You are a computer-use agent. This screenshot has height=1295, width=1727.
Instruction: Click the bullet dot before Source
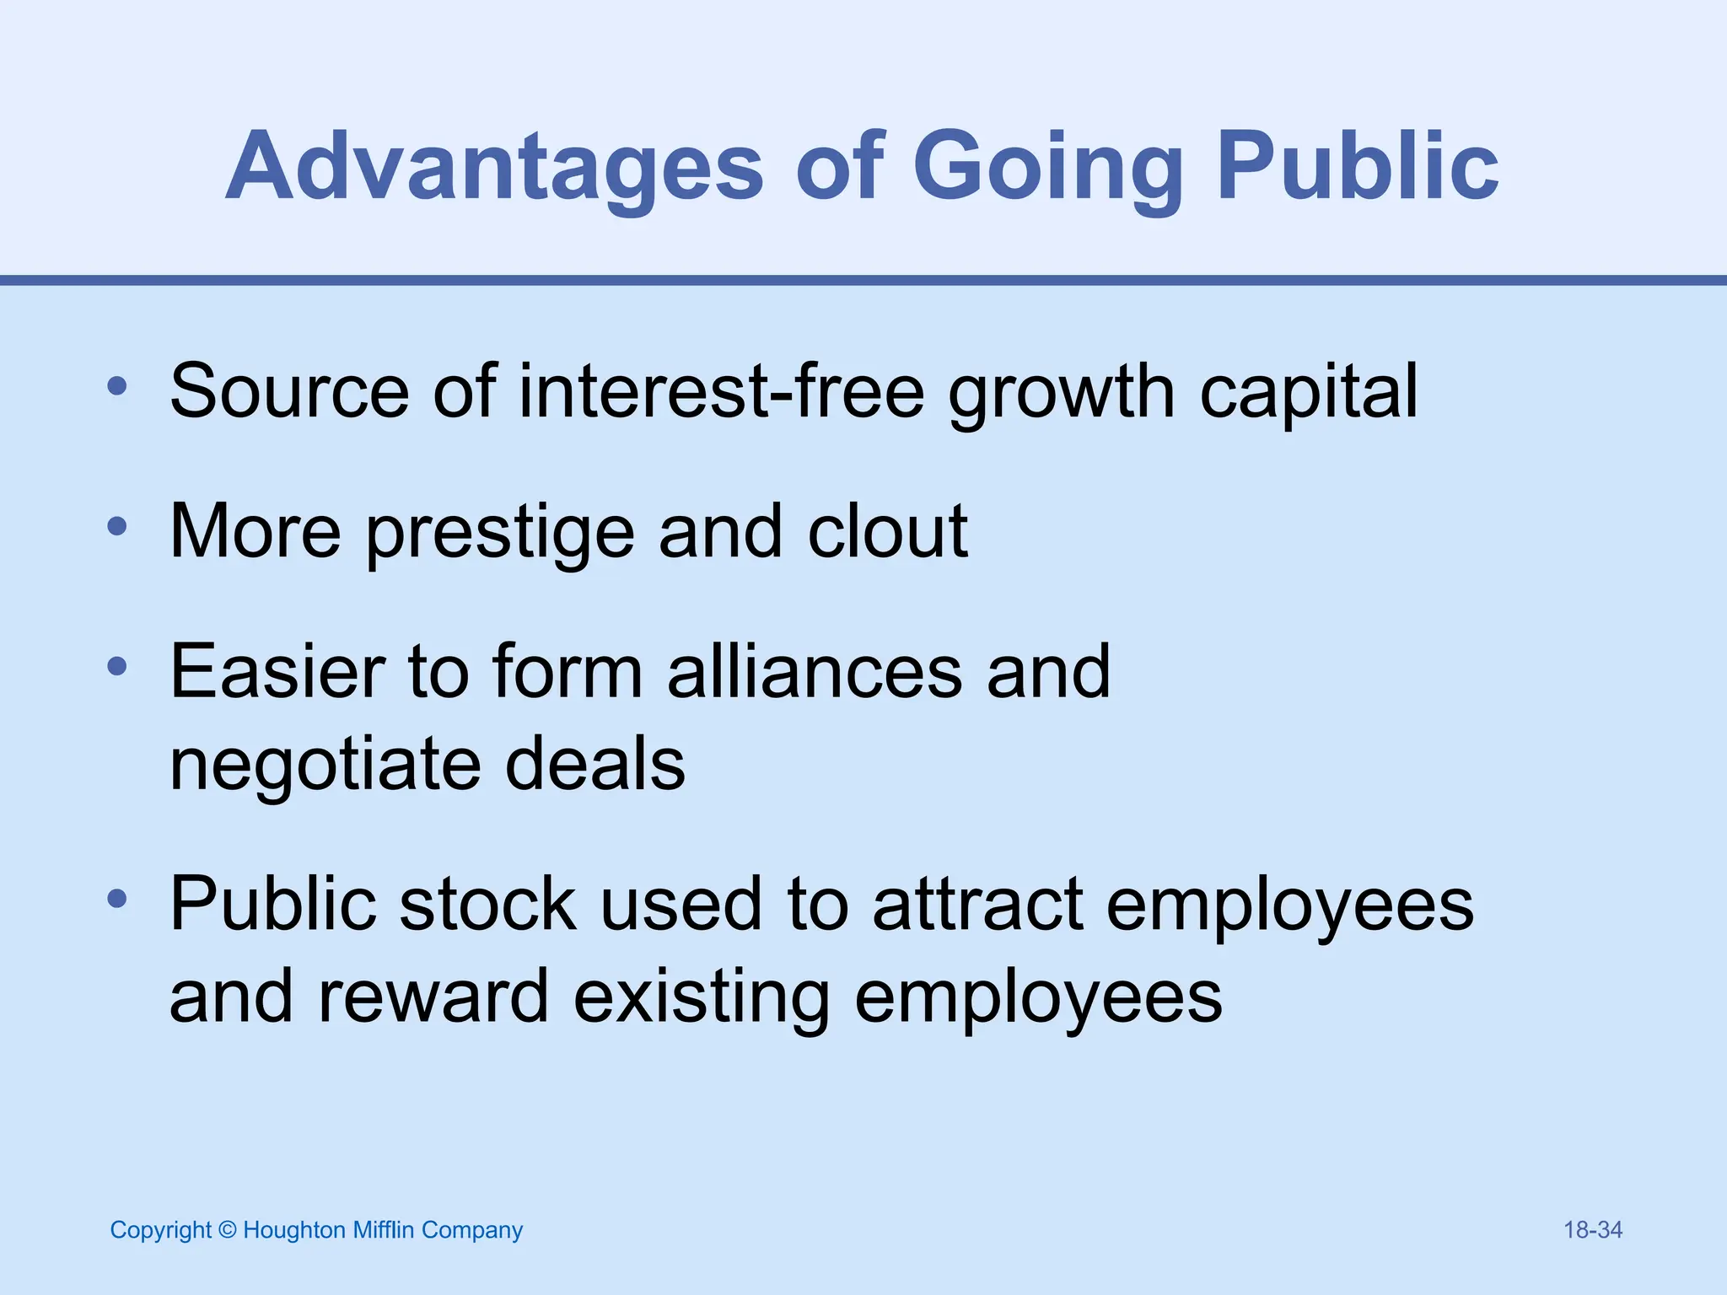point(117,388)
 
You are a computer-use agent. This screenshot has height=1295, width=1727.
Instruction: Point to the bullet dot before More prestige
point(117,528)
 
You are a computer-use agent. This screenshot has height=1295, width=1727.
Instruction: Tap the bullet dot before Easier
point(117,668)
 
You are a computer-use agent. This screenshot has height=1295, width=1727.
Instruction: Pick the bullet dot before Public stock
point(117,900)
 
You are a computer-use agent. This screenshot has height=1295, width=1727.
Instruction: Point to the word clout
point(887,531)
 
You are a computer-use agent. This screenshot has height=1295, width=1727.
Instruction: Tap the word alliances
point(815,671)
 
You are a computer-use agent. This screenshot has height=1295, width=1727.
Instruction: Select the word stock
point(487,904)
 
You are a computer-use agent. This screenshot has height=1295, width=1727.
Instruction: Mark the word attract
point(977,905)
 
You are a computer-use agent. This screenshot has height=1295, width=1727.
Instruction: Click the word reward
point(433,997)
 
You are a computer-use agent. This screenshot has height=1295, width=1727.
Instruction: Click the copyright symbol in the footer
point(227,1230)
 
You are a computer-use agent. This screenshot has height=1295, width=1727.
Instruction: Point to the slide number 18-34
point(1592,1230)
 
